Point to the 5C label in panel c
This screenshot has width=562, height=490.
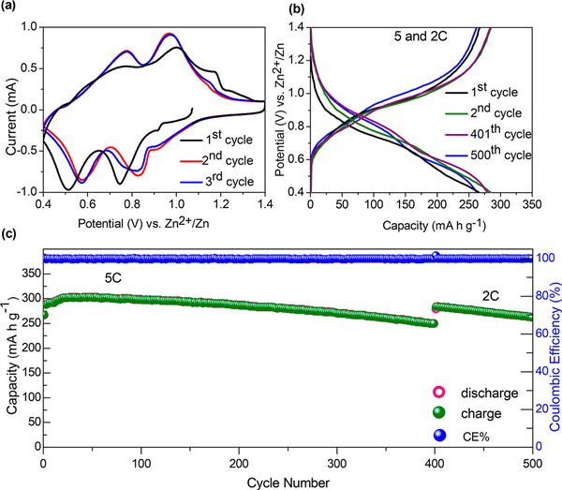117,278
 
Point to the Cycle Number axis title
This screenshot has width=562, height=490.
287,482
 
